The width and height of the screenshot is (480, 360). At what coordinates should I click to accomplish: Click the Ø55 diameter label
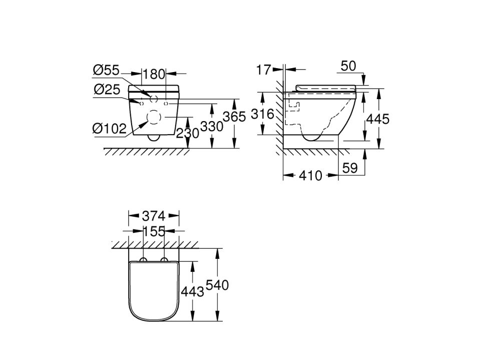(x=106, y=70)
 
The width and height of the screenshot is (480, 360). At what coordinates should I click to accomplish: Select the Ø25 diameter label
(x=107, y=90)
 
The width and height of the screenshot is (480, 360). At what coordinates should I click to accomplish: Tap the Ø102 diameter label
(x=110, y=129)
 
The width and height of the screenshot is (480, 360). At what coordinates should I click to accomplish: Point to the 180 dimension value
(x=154, y=74)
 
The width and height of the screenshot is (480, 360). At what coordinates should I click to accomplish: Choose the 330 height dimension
(x=212, y=126)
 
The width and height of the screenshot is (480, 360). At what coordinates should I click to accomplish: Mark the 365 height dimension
(x=234, y=117)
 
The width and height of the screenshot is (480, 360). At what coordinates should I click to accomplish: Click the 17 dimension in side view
(x=264, y=70)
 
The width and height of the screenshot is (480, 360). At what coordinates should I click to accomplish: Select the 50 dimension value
(x=348, y=66)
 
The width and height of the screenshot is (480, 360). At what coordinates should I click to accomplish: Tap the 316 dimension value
(x=262, y=114)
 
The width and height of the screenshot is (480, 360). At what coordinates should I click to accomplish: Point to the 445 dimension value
(x=378, y=119)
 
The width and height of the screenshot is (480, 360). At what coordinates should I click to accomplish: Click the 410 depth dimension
(x=310, y=175)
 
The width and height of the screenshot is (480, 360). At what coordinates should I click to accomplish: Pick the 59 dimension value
(x=350, y=168)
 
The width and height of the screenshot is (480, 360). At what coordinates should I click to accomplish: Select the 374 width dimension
(x=154, y=216)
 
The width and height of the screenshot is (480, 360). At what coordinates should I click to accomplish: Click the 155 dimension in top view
(x=154, y=231)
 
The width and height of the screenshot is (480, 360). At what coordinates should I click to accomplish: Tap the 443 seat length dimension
(x=192, y=291)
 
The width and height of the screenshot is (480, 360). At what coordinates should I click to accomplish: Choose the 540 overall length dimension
(x=217, y=285)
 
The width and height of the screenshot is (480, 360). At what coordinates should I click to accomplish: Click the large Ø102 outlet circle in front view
(x=154, y=117)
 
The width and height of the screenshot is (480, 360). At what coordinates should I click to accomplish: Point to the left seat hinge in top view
(x=144, y=260)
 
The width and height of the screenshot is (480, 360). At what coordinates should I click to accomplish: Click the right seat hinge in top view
(x=164, y=260)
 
